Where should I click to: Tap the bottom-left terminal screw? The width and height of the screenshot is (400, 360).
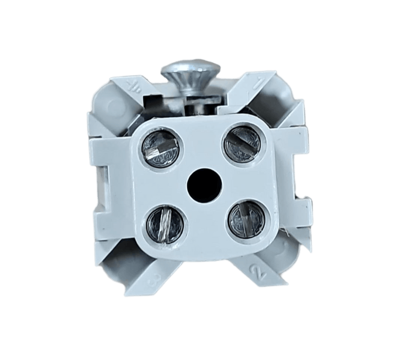coord(160,223)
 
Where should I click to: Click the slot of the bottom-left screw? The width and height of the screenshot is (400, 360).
coord(160,223)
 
